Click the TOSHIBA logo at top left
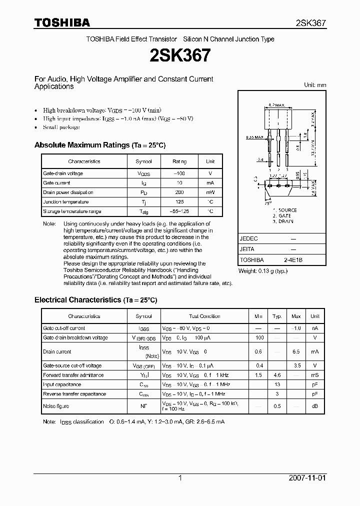pyautogui.click(x=62, y=22)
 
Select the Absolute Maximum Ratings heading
pyautogui.click(x=99, y=145)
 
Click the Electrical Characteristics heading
pyautogui.click(x=95, y=300)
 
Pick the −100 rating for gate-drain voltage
pyautogui.click(x=179, y=173)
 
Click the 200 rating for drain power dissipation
pyautogui.click(x=179, y=192)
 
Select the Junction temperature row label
pyautogui.click(x=66, y=202)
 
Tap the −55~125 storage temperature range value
pyautogui.click(x=179, y=211)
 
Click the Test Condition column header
pyautogui.click(x=204, y=316)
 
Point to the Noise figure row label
pyautogui.click(x=56, y=406)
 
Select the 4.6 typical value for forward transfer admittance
pyautogui.click(x=276, y=375)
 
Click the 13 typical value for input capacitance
pyautogui.click(x=276, y=384)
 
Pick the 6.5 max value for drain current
pyautogui.click(x=296, y=352)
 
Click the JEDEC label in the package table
pyautogui.click(x=249, y=239)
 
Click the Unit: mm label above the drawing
pyautogui.click(x=315, y=85)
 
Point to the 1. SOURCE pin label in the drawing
pyautogui.click(x=284, y=210)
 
